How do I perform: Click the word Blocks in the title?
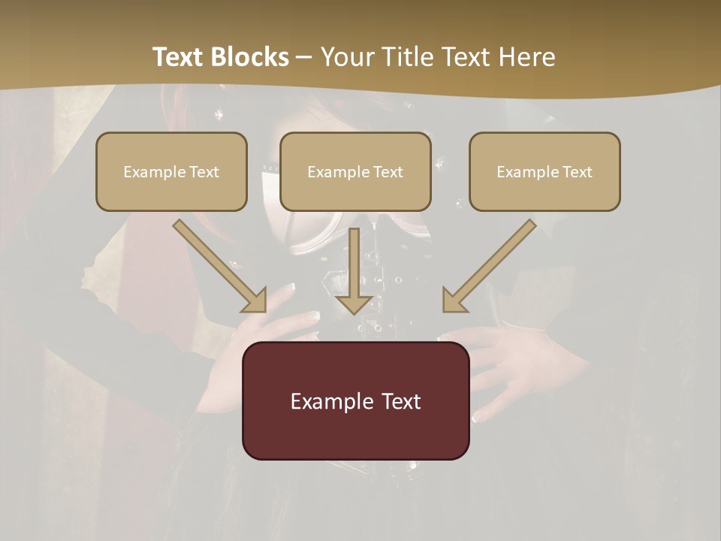pos(250,57)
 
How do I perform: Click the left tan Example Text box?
pos(171,171)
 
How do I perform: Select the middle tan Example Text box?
pos(355,171)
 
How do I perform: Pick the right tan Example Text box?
pos(545,171)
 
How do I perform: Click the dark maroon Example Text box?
pos(355,400)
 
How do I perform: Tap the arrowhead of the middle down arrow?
pos(354,304)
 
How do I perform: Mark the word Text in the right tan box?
pos(577,172)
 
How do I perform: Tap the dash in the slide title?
pos(304,57)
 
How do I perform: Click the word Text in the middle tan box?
pos(388,172)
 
